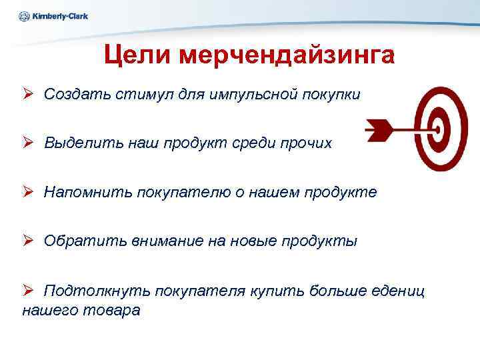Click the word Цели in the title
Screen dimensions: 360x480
point(135,55)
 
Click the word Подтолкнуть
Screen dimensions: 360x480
point(96,291)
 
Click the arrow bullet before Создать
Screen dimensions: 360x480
point(28,94)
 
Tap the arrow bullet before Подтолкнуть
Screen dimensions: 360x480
point(28,291)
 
